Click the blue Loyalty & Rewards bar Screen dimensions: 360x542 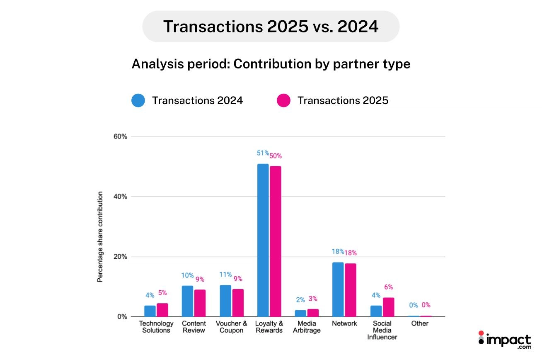[x=263, y=240]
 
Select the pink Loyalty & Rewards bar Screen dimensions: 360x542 [x=275, y=241]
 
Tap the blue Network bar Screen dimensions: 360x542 [x=338, y=289]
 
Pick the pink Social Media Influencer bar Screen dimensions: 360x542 [x=388, y=307]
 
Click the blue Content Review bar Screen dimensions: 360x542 [x=187, y=301]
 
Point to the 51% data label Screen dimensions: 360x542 [x=263, y=153]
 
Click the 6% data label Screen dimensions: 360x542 [x=388, y=287]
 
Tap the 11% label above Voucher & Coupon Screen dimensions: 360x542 [x=225, y=275]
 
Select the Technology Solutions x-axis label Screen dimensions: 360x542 [x=156, y=327]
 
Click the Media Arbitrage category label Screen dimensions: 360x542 [x=307, y=327]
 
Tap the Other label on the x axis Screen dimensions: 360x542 [x=419, y=324]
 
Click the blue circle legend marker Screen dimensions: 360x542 [x=138, y=100]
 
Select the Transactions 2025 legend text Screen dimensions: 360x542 [x=343, y=100]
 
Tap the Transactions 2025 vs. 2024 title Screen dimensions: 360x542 [x=271, y=27]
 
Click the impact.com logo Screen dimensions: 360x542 [x=504, y=340]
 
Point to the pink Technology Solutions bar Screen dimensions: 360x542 [x=162, y=310]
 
